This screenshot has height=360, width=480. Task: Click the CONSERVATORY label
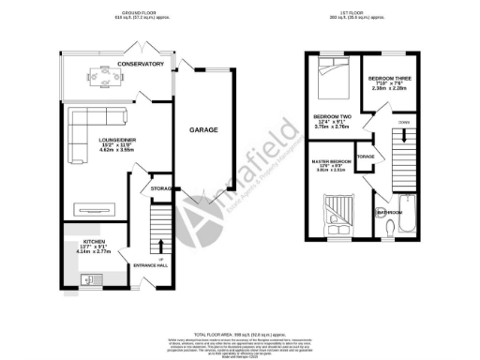tap(141, 64)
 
